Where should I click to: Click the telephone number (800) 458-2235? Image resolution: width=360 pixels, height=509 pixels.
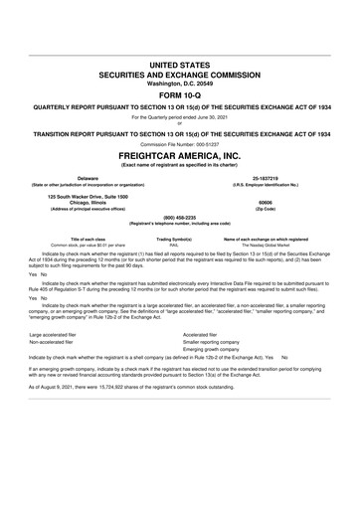point(180,219)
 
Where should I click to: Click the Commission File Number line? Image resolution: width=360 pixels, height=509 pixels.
point(180,145)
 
